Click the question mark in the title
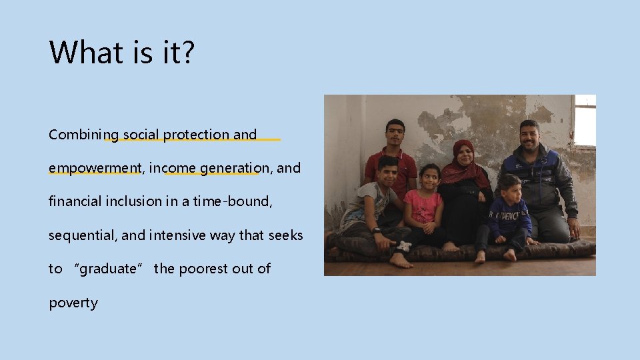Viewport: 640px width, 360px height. click(x=186, y=52)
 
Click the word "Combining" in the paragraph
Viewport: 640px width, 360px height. click(x=75, y=135)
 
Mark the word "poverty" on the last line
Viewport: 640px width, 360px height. click(x=73, y=303)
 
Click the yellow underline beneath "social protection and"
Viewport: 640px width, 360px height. click(x=193, y=140)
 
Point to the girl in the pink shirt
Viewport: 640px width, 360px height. click(x=424, y=207)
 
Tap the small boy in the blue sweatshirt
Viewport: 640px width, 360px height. click(x=508, y=217)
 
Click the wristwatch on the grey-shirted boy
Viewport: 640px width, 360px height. click(x=377, y=231)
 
